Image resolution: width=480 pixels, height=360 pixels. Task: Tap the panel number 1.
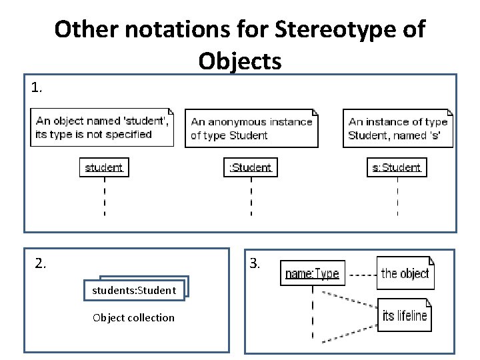37,87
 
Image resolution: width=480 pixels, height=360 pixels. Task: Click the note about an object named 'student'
103,127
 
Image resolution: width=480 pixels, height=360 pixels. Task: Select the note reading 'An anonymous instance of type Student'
252,128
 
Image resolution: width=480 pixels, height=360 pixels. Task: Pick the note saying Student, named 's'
399,128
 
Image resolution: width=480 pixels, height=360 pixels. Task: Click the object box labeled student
104,167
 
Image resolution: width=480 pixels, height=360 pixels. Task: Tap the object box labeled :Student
251,167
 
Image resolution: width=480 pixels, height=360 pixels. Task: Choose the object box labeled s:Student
397,167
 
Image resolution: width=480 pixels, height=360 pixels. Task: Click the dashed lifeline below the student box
104,196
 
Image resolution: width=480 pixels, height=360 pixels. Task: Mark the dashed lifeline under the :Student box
251,196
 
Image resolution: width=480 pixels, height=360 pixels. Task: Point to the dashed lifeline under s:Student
397,196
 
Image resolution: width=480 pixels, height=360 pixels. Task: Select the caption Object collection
133,317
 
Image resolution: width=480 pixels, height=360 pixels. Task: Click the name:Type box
312,273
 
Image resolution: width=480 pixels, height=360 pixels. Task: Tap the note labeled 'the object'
405,273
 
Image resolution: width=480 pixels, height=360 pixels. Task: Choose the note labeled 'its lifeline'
405,315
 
